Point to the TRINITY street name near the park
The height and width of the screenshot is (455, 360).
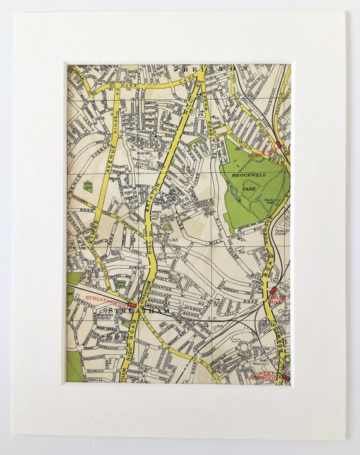237,235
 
